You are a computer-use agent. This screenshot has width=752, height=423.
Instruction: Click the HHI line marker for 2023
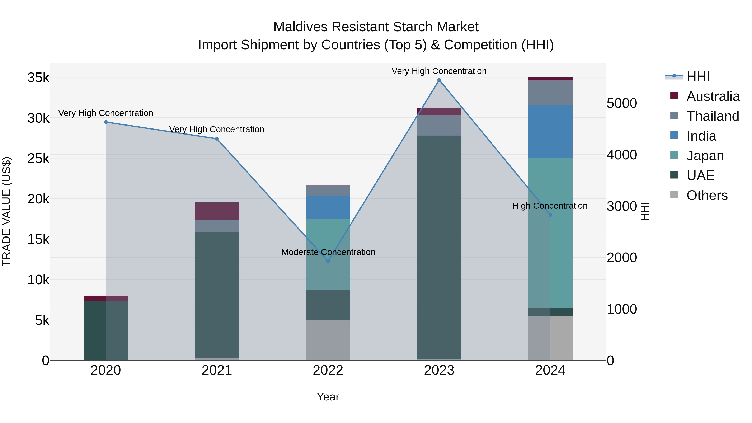coord(439,80)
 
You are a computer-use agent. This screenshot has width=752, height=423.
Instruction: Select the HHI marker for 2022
coord(328,261)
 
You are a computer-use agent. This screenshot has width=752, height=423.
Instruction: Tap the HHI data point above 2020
coord(106,122)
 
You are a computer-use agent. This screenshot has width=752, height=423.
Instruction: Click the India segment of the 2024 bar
coord(550,132)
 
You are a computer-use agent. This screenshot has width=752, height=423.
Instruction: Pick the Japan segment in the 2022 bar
coord(328,254)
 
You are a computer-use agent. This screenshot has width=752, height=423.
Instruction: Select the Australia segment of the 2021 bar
coord(217,211)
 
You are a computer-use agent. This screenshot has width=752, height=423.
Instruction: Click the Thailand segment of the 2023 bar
coord(439,125)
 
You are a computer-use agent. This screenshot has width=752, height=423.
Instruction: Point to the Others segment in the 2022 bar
coord(328,340)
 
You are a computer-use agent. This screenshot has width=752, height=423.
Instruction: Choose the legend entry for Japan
coord(705,156)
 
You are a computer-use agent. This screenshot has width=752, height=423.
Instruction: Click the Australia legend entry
coord(713,96)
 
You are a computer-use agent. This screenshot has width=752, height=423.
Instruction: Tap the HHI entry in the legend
coord(698,76)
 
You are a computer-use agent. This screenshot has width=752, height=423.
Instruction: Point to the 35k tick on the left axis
coord(38,78)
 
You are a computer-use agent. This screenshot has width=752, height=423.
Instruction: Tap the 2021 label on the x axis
coord(217,370)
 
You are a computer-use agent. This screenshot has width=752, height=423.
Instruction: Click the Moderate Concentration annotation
coord(328,252)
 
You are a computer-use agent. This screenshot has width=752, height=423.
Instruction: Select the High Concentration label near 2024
coord(550,206)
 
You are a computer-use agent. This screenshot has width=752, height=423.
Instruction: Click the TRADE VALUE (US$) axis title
coord(6,211)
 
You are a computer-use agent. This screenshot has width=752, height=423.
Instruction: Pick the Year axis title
coord(328,397)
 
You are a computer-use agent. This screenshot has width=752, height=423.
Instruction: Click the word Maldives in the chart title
coord(300,27)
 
